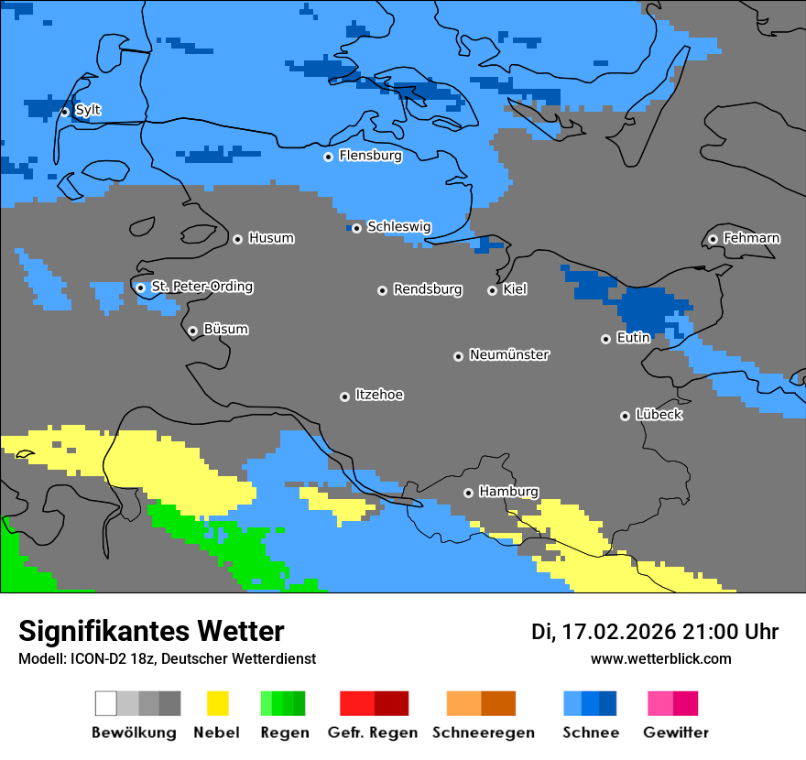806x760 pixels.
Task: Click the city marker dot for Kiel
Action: (492, 290)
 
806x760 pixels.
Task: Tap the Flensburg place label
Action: (370, 156)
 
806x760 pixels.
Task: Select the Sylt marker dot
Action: (65, 112)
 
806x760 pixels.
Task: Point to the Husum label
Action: (271, 238)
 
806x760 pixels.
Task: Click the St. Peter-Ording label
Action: (201, 287)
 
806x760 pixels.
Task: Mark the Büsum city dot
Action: (192, 331)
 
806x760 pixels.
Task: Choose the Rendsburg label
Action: (428, 289)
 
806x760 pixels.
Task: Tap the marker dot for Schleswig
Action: (356, 228)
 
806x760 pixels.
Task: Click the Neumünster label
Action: (509, 354)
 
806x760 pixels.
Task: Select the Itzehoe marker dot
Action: (344, 396)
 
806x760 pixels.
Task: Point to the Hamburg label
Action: (508, 492)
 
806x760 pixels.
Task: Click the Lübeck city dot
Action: (625, 416)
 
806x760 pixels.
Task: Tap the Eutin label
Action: (633, 338)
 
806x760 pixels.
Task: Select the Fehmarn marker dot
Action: (713, 240)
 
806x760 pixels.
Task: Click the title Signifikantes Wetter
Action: (151, 631)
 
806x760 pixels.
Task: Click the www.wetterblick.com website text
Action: (660, 658)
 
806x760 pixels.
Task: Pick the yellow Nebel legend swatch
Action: (217, 703)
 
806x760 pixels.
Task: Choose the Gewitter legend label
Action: (675, 733)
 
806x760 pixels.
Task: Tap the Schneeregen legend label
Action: (483, 733)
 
